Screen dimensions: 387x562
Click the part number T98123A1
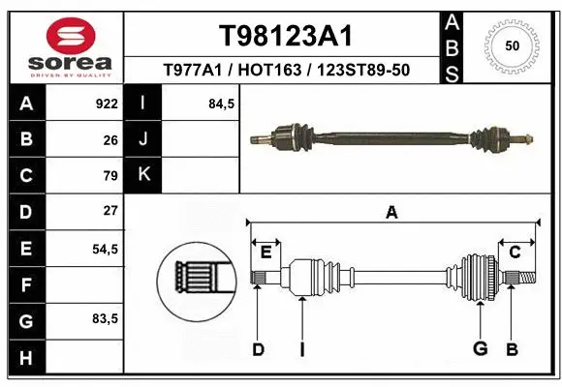pyautogui.click(x=284, y=36)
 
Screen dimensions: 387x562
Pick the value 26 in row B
pyautogui.click(x=110, y=139)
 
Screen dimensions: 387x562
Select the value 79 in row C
pyautogui.click(x=110, y=175)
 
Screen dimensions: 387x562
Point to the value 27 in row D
pyautogui.click(x=110, y=211)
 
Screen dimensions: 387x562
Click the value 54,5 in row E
pyautogui.click(x=105, y=249)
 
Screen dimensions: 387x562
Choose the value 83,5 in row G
pyautogui.click(x=105, y=319)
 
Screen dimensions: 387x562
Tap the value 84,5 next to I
pyautogui.click(x=222, y=104)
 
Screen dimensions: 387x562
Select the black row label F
pyautogui.click(x=25, y=284)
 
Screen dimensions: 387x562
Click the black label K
pyautogui.click(x=143, y=175)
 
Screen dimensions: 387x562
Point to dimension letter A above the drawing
pyautogui.click(x=391, y=212)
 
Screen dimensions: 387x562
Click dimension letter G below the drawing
pyautogui.click(x=479, y=349)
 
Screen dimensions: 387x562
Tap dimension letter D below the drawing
pyautogui.click(x=258, y=349)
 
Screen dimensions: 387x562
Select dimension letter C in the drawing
pyautogui.click(x=515, y=253)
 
